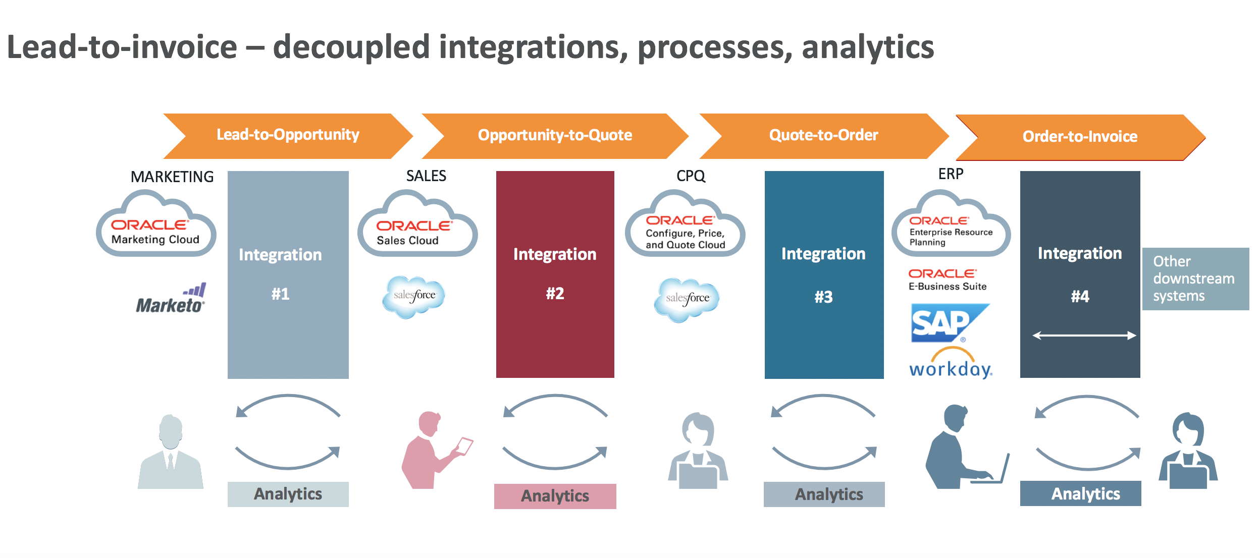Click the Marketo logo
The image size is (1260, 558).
[171, 300]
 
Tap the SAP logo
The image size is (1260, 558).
[949, 323]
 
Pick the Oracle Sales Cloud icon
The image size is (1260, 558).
[417, 226]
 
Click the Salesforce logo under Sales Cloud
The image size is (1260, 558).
[414, 296]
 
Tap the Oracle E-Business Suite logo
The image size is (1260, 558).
[947, 280]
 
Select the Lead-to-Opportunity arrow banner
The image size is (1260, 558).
[288, 135]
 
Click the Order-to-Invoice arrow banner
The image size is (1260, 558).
[1080, 137]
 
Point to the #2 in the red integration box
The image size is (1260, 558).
[555, 294]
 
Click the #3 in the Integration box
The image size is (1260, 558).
[823, 297]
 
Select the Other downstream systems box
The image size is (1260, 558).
[1195, 278]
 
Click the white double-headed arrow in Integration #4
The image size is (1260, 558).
[1084, 336]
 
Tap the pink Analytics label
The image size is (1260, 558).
[555, 496]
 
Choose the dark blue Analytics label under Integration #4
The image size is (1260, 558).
[1085, 493]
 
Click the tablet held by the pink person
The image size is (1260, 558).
[464, 446]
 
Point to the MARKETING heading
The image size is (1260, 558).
[172, 177]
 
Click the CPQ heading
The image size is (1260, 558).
[691, 176]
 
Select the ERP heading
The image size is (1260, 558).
[951, 174]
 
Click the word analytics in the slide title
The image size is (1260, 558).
[867, 48]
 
